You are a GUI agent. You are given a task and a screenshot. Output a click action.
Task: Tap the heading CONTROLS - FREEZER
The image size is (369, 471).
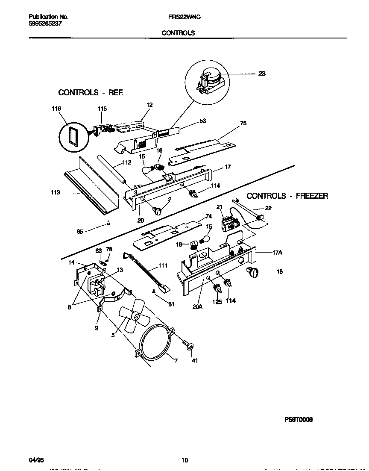pyautogui.click(x=287, y=196)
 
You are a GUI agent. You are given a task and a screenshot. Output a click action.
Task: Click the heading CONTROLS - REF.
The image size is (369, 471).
pyautogui.click(x=91, y=92)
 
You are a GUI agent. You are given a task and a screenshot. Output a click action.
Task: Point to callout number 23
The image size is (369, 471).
pyautogui.click(x=262, y=74)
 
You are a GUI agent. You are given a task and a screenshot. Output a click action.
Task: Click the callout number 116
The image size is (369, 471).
pyautogui.click(x=56, y=109)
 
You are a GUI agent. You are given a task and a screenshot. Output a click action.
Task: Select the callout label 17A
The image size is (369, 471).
pyautogui.click(x=278, y=252)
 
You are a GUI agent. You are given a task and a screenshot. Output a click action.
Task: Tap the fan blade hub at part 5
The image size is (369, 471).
pyautogui.click(x=135, y=316)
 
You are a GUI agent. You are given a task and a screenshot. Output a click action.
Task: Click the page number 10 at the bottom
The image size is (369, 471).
pyautogui.click(x=184, y=460)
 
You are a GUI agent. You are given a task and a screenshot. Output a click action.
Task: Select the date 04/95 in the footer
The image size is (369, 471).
pyautogui.click(x=36, y=460)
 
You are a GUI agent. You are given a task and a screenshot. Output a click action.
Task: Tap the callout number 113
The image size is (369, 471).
pyautogui.click(x=56, y=192)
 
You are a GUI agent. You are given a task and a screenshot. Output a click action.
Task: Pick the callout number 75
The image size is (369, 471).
pyautogui.click(x=243, y=123)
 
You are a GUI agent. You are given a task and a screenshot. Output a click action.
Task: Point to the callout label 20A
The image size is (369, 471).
pyautogui.click(x=197, y=306)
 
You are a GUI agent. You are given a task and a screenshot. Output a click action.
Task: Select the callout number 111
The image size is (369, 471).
pyautogui.click(x=163, y=265)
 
